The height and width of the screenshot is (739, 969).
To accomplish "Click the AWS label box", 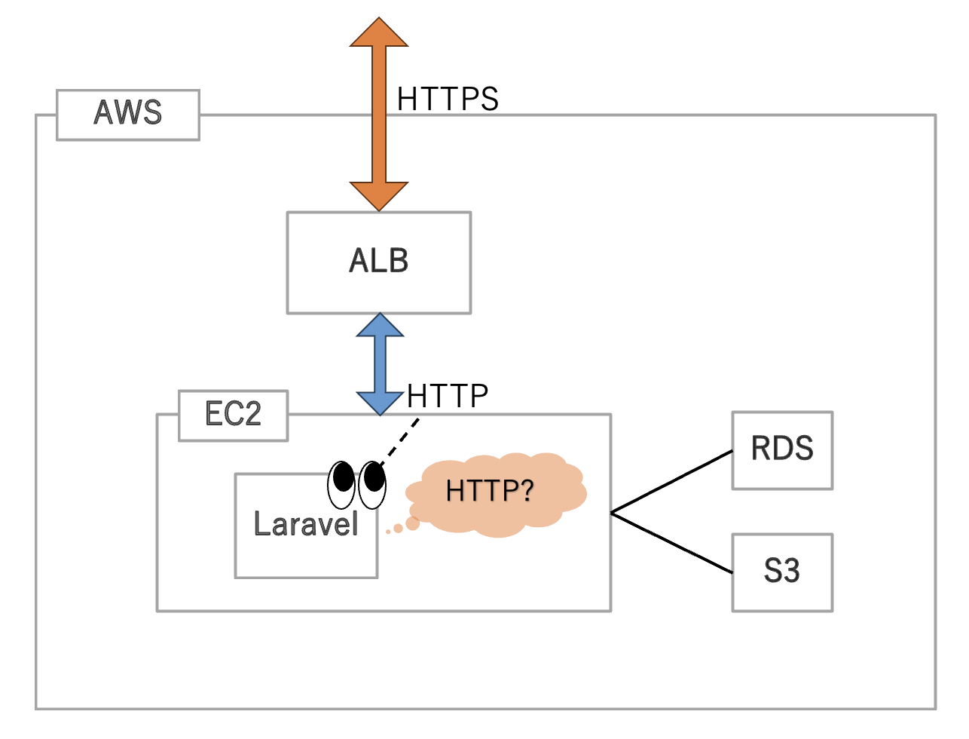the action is point(128,115).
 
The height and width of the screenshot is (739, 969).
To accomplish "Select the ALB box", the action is point(379,262).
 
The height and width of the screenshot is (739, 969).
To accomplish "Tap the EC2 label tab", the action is point(233,415).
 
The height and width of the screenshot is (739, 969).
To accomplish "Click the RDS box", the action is point(782,450).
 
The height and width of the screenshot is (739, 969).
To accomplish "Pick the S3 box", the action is point(782,572).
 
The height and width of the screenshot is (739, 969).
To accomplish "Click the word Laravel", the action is point(305,524).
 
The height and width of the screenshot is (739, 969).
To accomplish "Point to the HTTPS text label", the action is point(448,99).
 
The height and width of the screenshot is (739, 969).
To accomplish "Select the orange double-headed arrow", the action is point(379,114).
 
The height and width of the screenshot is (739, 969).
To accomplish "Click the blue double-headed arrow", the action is point(380,364).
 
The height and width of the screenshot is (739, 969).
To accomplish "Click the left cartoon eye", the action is point(341,485).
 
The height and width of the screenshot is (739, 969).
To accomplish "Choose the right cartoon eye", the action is point(372,485).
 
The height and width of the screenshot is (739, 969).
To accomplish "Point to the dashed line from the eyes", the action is point(399,441).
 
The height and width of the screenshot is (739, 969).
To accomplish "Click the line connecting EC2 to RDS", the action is point(671,481).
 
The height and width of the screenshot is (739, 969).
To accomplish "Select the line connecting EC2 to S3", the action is point(671,543).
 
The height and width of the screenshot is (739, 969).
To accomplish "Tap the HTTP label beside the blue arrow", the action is point(447,395).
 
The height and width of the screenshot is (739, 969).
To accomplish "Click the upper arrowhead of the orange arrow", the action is point(379,32).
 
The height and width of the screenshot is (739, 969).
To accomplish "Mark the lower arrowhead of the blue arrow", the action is point(380,403).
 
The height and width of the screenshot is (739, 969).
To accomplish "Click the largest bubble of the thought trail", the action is point(412,523).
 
